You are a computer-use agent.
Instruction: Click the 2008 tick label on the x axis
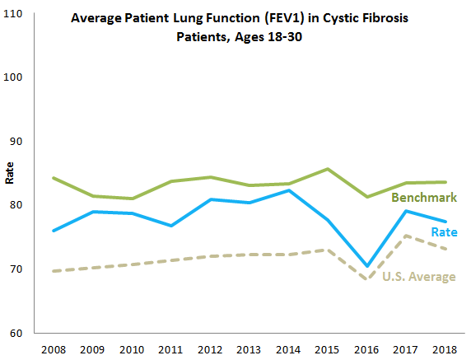(53, 348)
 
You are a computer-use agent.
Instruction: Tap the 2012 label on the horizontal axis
(211, 348)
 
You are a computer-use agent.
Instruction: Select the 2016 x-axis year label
(366, 348)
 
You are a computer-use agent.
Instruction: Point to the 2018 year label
(445, 348)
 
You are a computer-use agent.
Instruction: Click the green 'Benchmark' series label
(423, 199)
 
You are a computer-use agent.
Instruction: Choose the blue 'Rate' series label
(443, 233)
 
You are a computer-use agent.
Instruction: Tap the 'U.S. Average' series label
(419, 277)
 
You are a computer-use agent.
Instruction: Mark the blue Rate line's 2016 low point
(366, 266)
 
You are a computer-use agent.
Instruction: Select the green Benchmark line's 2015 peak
(327, 169)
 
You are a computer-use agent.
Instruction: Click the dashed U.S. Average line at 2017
(406, 236)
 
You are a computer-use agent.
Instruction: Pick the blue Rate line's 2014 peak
(287, 190)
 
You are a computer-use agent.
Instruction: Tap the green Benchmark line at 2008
(53, 178)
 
